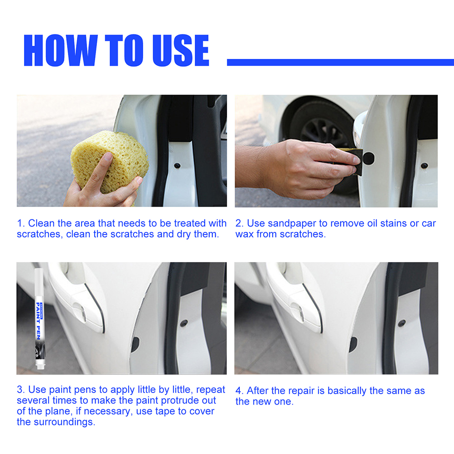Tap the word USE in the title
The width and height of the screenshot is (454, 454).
[x=181, y=50]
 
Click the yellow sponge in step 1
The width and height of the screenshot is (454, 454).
[x=110, y=161]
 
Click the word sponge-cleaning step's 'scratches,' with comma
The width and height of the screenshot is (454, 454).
[x=40, y=234]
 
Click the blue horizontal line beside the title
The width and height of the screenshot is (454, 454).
[x=341, y=62]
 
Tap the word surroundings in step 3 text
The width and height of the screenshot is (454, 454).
[x=68, y=422]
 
